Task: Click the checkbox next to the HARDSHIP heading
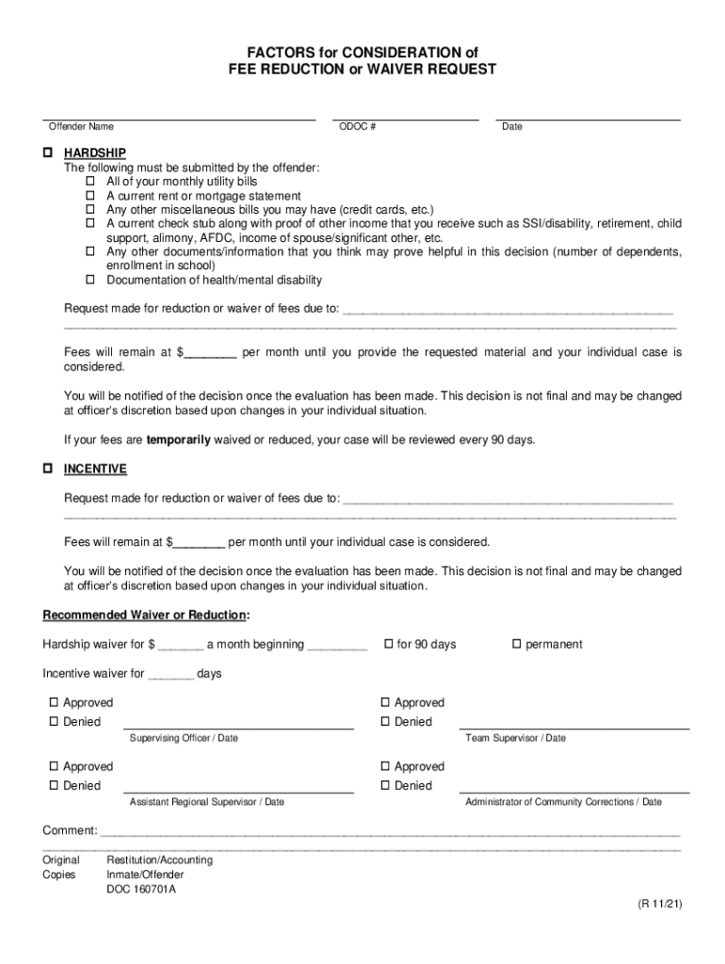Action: click(x=47, y=153)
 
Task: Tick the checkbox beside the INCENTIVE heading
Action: click(x=47, y=469)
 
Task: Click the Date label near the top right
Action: click(x=512, y=127)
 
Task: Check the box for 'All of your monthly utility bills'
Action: click(x=91, y=181)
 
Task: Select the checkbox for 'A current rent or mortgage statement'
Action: click(x=91, y=196)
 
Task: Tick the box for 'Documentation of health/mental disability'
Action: click(x=91, y=280)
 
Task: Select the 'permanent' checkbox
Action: click(x=516, y=644)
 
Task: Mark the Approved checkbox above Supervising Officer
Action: click(x=54, y=702)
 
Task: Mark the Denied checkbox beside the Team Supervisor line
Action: click(x=385, y=722)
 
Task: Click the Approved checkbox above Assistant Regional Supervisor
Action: click(x=54, y=766)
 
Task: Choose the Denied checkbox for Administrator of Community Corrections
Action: click(x=385, y=786)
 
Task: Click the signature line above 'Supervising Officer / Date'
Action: click(x=238, y=727)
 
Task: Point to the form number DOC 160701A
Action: click(x=140, y=890)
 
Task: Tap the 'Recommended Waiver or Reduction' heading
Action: click(x=146, y=615)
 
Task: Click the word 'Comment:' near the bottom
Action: click(x=70, y=830)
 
